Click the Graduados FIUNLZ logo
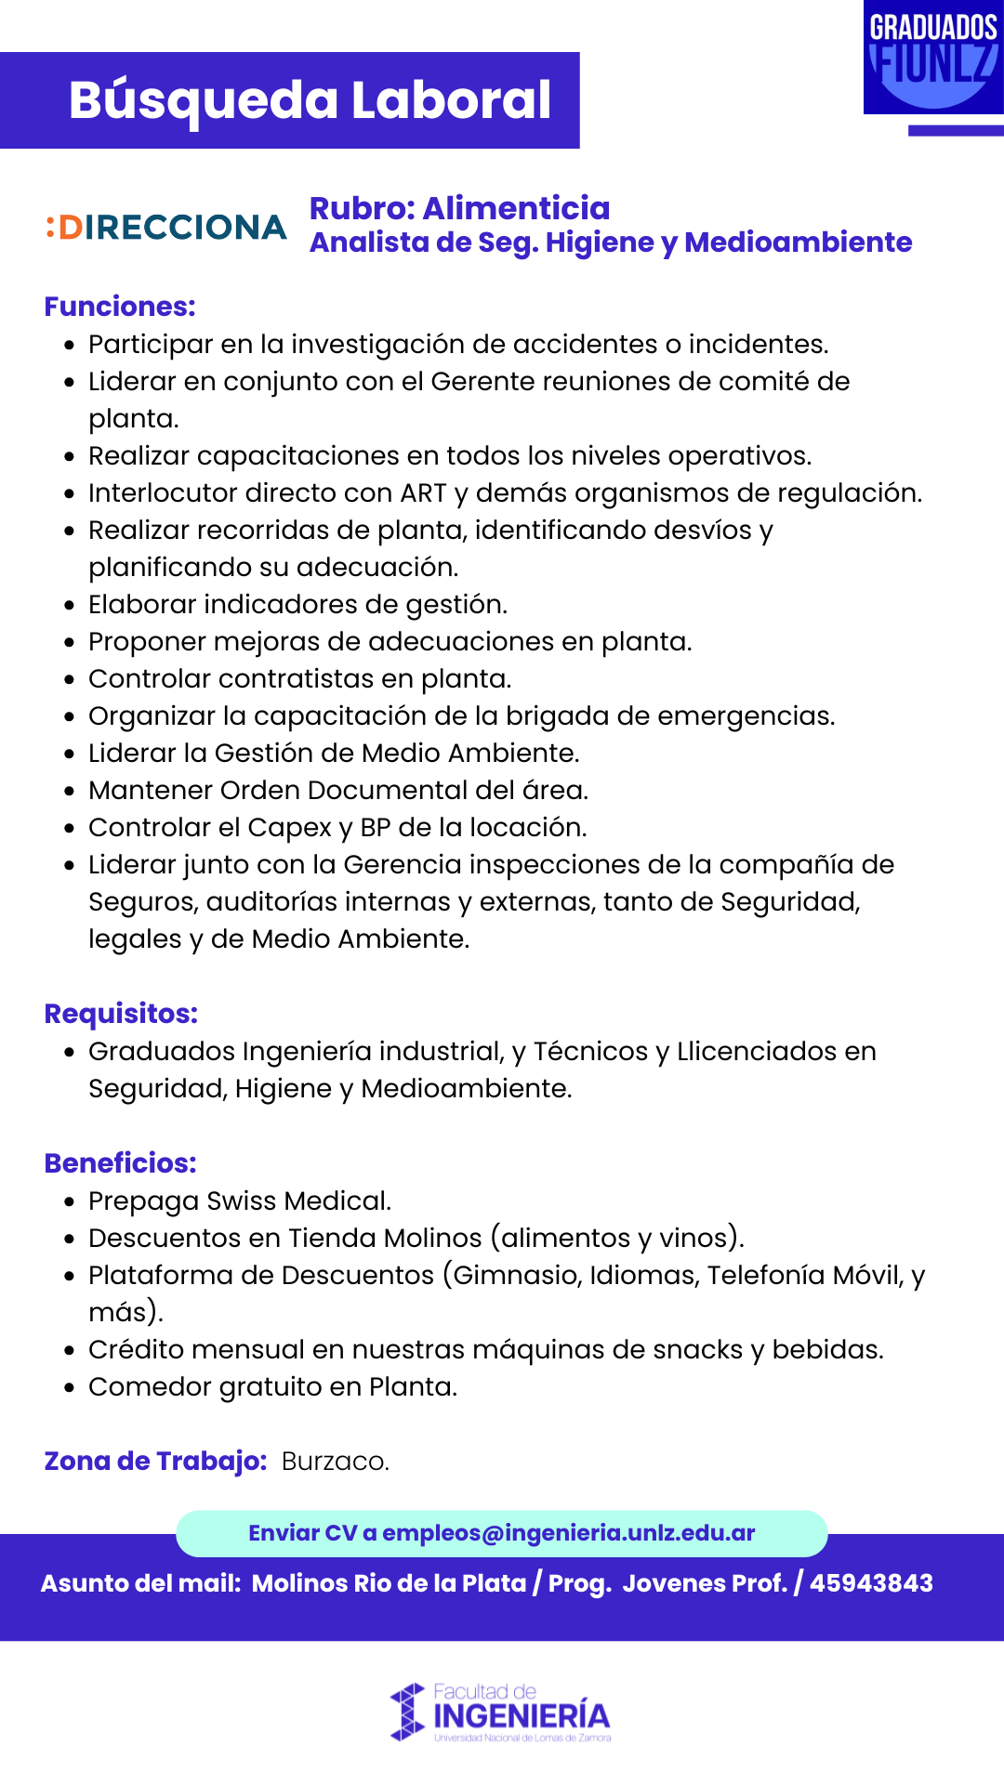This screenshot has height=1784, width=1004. click(932, 58)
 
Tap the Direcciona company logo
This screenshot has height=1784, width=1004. click(166, 228)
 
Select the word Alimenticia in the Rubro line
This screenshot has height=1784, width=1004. click(516, 208)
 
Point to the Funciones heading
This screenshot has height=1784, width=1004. click(120, 307)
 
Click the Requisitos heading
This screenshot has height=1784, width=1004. click(121, 1014)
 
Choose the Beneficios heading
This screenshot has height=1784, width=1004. click(120, 1163)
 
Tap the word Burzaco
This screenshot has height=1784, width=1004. click(335, 1462)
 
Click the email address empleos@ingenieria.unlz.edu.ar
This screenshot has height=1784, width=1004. click(568, 1533)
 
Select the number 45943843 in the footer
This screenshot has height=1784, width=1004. click(871, 1583)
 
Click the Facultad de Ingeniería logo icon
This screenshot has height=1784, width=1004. click(407, 1712)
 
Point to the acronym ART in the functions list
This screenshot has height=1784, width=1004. click(423, 493)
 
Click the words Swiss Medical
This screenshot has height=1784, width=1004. click(298, 1201)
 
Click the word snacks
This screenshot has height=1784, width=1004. click(697, 1350)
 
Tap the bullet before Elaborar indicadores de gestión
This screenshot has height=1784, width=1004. click(69, 605)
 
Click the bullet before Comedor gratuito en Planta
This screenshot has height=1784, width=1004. click(69, 1387)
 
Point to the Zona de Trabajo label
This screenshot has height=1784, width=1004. click(155, 1462)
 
